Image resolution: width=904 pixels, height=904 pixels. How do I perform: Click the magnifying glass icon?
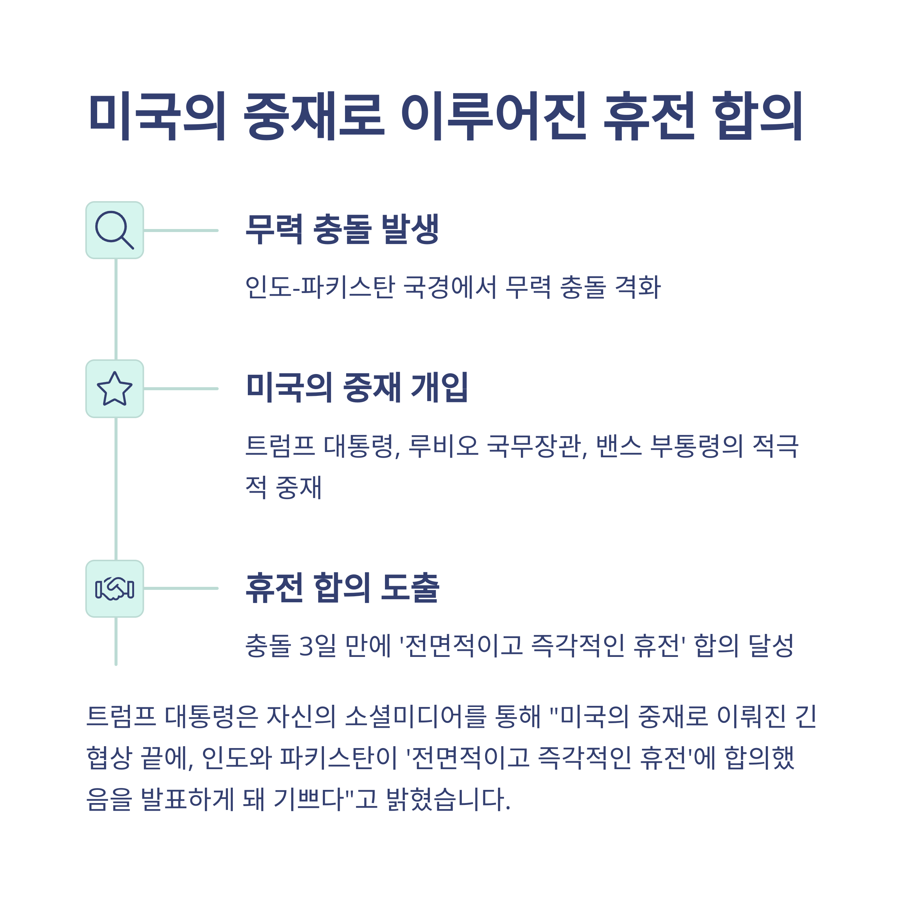[114, 230]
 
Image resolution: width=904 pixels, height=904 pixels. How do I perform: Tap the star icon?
[114, 388]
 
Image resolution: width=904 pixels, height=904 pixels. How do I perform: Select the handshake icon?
[114, 589]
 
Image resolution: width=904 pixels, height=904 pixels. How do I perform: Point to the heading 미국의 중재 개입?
[357, 388]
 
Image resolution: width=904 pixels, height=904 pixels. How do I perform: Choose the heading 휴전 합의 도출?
[342, 588]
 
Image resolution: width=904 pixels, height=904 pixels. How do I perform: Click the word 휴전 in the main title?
[649, 116]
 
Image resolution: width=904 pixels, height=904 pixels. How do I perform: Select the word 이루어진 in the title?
[494, 116]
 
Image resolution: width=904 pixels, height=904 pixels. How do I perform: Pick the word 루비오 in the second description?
[444, 446]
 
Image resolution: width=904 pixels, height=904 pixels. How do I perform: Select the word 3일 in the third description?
[317, 646]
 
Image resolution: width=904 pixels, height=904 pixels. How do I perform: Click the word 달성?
[771, 646]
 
